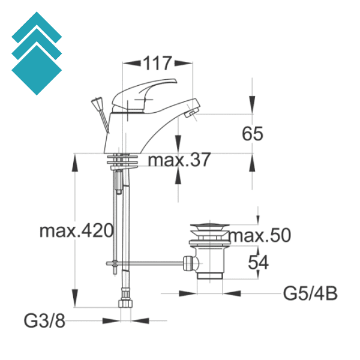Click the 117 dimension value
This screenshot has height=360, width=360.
157,62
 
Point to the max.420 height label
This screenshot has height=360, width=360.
76,230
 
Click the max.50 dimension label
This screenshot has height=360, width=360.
259,235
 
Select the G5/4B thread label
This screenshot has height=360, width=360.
310,294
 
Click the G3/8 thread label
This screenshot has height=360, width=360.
45,320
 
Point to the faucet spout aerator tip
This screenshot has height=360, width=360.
191,114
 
